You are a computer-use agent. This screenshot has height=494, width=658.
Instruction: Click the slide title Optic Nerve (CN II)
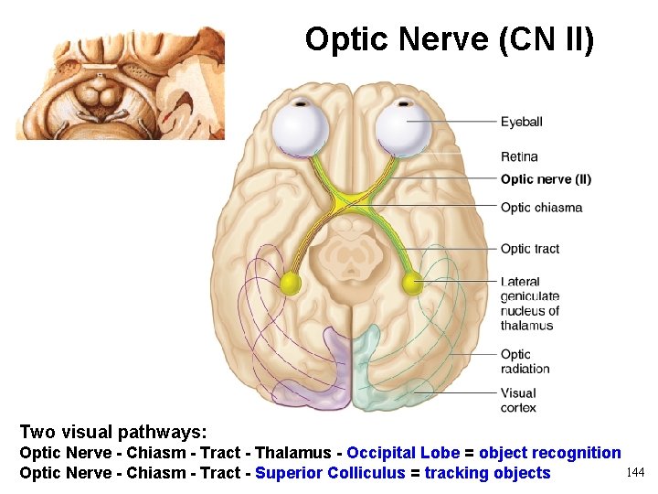click(x=449, y=39)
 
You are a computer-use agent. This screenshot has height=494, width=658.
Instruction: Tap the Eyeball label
click(x=521, y=122)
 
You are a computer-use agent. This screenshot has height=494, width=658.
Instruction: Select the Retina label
click(x=519, y=156)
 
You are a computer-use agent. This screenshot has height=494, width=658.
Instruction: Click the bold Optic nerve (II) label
click(x=546, y=179)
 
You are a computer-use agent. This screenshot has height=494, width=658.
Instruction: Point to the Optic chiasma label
click(x=541, y=208)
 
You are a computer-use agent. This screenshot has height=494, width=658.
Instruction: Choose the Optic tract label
click(x=529, y=249)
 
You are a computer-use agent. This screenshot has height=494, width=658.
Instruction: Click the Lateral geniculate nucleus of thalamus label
click(x=529, y=304)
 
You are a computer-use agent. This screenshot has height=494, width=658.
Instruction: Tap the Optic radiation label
click(x=525, y=361)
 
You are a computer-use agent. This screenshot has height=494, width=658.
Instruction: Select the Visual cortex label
click(x=518, y=400)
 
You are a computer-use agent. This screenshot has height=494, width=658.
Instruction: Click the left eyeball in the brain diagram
click(x=302, y=130)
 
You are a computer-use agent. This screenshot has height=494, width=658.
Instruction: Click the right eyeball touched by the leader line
click(x=403, y=128)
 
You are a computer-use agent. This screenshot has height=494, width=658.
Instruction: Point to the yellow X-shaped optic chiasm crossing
click(x=352, y=199)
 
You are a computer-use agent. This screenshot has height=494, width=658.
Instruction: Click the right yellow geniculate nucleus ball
click(x=413, y=284)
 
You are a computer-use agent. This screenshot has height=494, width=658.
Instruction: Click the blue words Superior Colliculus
click(x=330, y=473)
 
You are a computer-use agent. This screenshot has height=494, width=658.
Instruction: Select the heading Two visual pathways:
click(x=113, y=432)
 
